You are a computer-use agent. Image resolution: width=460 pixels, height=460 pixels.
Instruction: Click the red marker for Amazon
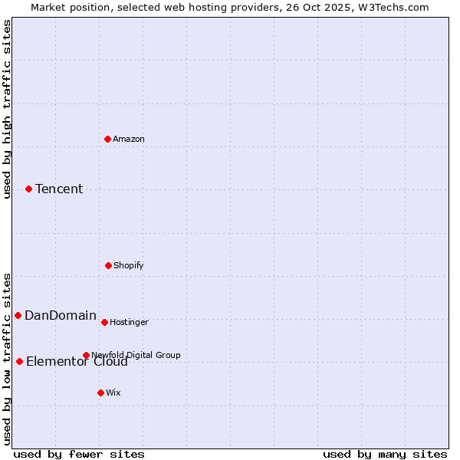tap(108, 139)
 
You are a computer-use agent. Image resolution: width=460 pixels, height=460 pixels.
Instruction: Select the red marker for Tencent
tap(29, 189)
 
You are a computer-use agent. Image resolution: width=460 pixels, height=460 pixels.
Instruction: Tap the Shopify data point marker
tap(108, 265)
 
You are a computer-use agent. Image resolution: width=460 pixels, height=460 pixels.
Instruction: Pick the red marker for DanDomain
tap(18, 315)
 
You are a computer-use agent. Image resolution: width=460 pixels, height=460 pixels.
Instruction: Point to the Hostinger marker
tap(104, 322)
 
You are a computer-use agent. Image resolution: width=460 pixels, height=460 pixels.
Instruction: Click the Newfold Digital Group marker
tap(86, 355)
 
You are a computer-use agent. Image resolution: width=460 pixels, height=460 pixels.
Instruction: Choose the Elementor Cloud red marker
tap(19, 361)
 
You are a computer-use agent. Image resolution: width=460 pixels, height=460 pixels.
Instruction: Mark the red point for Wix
tap(100, 393)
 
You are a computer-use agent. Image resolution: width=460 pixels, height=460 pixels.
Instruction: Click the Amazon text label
tap(129, 139)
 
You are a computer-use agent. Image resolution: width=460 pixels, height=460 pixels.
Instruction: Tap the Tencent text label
tap(59, 189)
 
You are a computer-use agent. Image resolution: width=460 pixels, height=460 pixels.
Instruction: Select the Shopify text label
tap(129, 265)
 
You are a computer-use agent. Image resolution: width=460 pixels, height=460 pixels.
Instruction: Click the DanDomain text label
tap(61, 315)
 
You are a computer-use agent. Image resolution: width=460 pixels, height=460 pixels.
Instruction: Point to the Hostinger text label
tap(129, 322)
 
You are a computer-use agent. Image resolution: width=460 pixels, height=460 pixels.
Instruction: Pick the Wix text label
tap(113, 393)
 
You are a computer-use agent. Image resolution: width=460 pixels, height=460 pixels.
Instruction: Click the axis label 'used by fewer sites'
tap(79, 454)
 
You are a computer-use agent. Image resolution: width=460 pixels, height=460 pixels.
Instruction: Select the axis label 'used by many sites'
tap(385, 454)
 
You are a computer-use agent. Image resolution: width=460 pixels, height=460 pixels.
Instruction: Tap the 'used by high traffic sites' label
tap(7, 109)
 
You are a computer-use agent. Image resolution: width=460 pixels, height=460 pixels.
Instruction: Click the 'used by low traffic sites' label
tap(7, 358)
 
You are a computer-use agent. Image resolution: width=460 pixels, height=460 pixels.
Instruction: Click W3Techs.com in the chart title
tap(393, 7)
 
